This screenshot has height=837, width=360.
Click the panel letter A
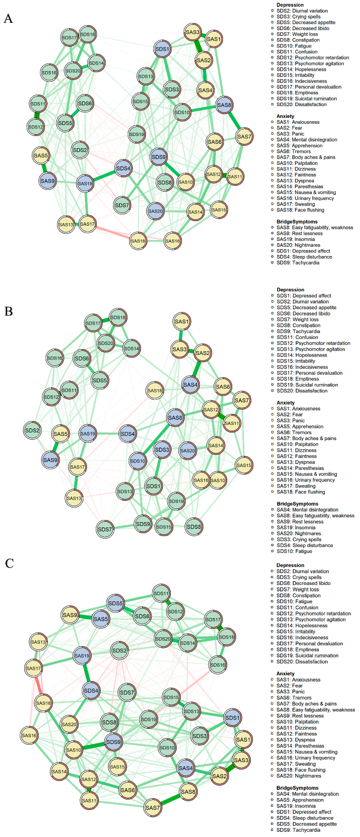point(8,18)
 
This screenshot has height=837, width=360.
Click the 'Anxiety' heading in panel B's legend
point(286,403)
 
